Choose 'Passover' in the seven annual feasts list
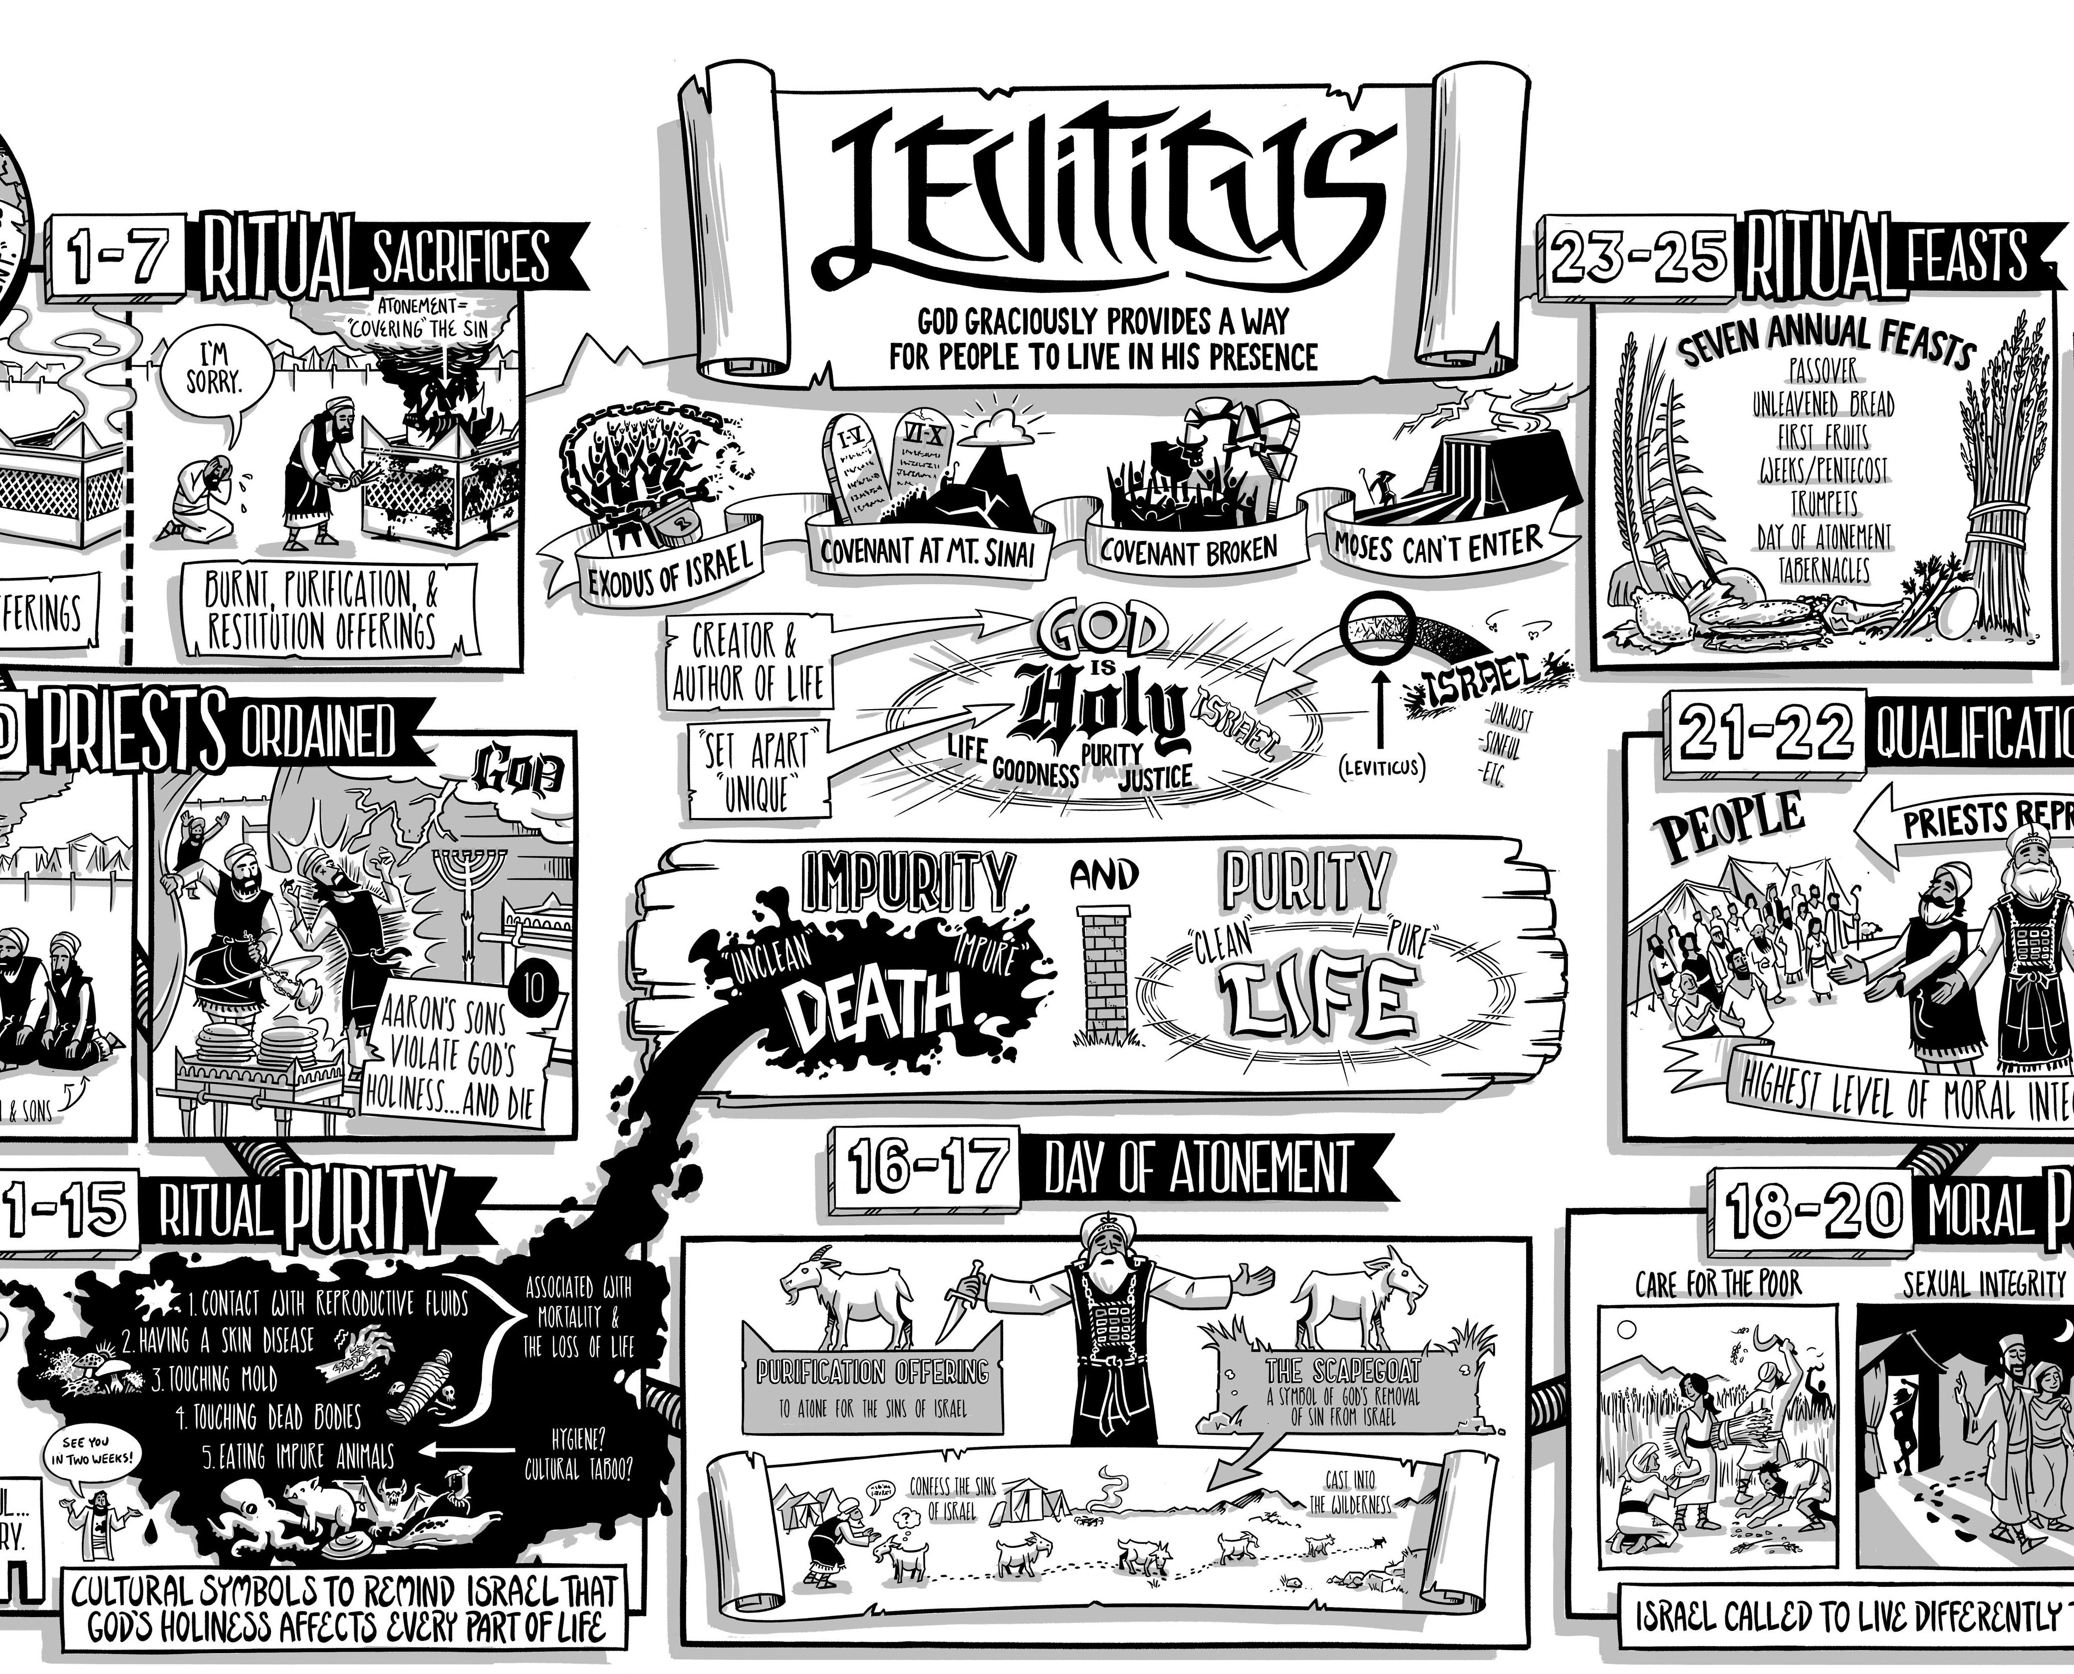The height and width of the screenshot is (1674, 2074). pyautogui.click(x=1822, y=371)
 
